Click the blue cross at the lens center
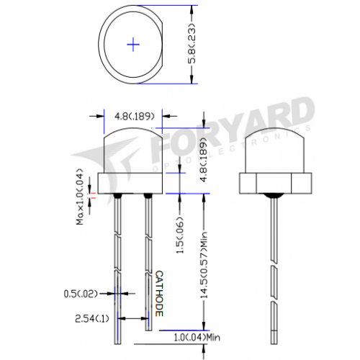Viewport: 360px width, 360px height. [x=133, y=45]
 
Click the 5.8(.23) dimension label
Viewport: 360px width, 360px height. [x=192, y=44]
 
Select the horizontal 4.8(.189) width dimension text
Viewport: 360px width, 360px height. [x=134, y=117]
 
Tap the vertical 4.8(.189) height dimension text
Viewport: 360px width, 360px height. [x=204, y=160]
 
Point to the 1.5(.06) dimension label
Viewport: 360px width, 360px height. [x=180, y=235]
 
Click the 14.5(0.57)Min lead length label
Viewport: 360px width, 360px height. [x=204, y=265]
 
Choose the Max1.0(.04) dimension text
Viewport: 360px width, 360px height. [x=80, y=197]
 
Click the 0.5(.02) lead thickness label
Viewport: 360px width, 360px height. [x=81, y=294]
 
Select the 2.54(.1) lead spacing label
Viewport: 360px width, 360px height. [x=92, y=319]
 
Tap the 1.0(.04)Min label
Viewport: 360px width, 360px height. [x=197, y=338]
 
